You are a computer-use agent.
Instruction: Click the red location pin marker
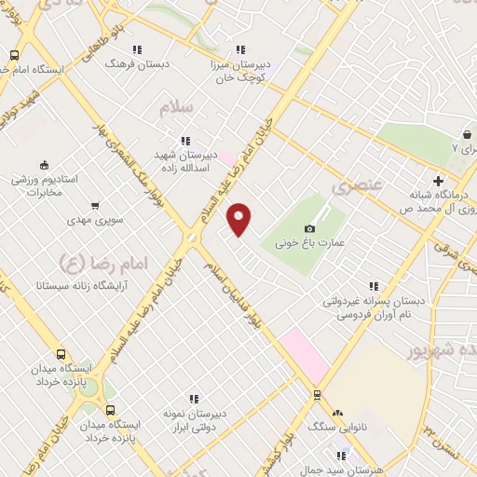(240, 219)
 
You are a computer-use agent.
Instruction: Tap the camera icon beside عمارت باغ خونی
(309, 228)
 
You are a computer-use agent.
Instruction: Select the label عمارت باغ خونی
(310, 242)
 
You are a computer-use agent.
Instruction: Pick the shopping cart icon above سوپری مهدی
(94, 205)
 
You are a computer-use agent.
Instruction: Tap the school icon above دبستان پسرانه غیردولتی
(375, 287)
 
